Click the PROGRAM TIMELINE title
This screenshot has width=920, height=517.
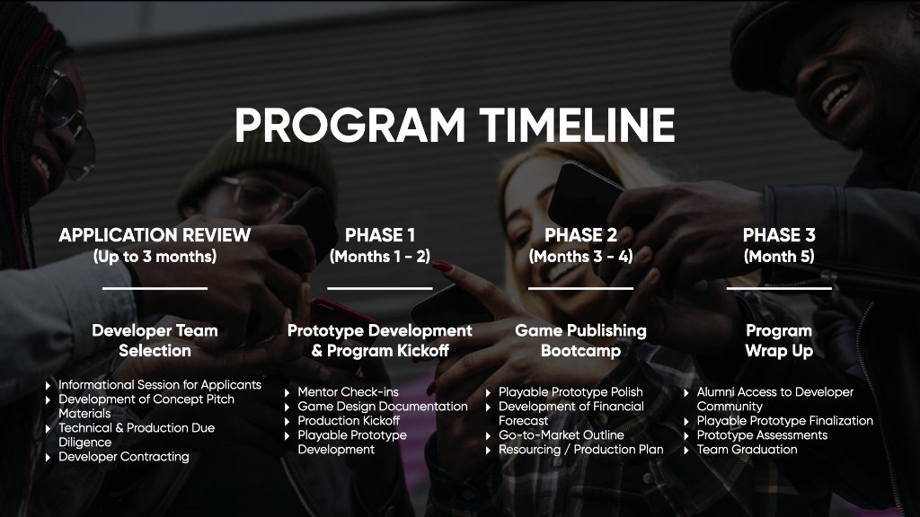455,126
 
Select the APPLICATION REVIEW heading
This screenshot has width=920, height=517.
155,236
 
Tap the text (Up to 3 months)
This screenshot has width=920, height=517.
155,257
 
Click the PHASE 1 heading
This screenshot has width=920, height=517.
380,236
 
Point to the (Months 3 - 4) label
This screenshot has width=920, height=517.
580,257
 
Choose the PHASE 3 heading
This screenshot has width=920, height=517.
779,236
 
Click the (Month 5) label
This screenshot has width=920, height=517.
779,257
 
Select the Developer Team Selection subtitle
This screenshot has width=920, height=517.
155,340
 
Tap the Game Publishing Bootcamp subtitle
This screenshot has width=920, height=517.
580,340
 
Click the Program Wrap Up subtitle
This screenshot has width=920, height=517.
779,340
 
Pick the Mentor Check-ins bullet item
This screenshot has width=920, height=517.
348,392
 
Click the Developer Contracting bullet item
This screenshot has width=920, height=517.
124,457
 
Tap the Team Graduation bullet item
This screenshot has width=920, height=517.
747,450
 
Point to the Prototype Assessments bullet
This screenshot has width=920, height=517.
762,435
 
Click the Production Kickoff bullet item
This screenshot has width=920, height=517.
349,421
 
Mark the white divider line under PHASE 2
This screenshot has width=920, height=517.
580,288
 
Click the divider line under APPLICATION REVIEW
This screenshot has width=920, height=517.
155,288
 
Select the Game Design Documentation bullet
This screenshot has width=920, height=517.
382,407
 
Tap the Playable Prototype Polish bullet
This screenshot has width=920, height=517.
571,392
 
